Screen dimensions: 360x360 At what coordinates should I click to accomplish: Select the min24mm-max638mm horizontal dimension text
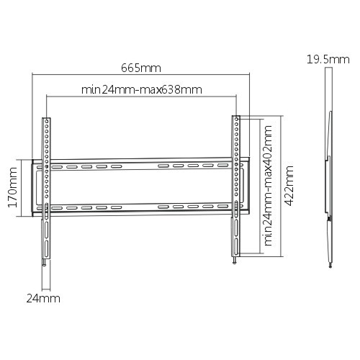tap(141, 90)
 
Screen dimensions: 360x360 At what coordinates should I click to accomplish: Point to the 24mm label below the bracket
tap(44, 297)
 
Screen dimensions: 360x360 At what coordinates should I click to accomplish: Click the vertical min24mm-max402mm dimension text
tap(267, 186)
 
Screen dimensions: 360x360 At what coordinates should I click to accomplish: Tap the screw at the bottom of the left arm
tap(45, 263)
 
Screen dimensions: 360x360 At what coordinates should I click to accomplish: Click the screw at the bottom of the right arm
tap(235, 262)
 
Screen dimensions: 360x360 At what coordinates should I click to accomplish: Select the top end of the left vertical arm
tap(47, 120)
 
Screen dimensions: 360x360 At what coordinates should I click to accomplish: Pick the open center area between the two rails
tap(141, 187)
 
